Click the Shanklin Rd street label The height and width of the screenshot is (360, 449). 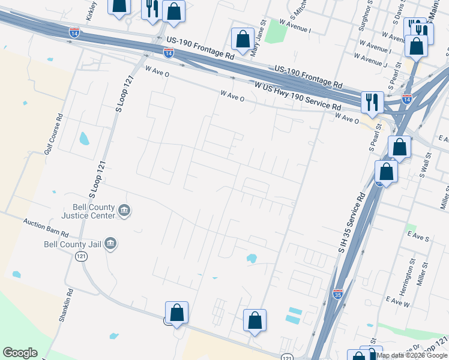pos(66,307)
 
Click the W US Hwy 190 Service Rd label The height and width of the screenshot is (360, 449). pos(298,96)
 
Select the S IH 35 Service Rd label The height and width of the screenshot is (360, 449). pos(351,222)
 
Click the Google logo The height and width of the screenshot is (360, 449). pos(20,353)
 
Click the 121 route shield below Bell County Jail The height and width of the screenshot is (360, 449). pos(82,256)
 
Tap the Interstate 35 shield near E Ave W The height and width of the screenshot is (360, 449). pos(338,293)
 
